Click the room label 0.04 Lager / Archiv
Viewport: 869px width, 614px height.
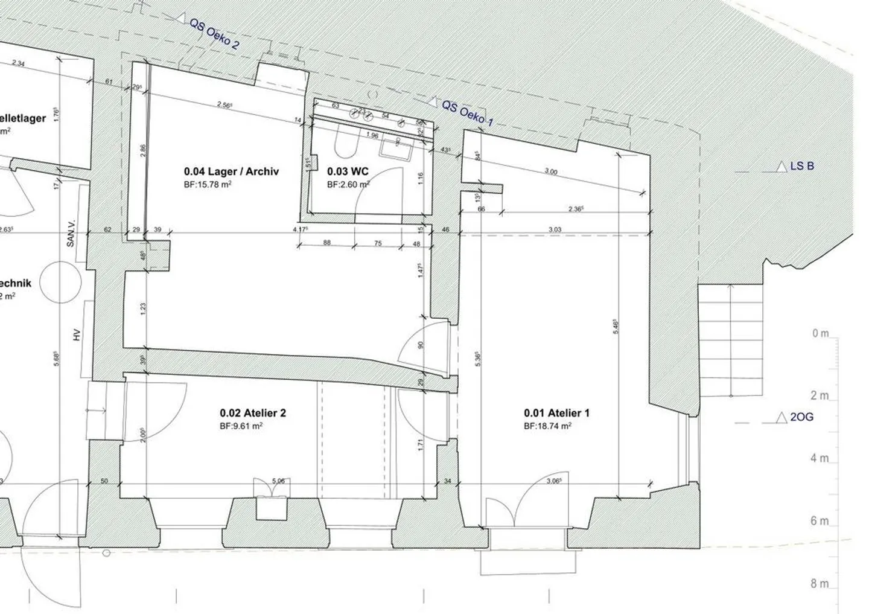[232, 171]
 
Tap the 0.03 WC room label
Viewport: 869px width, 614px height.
[348, 171]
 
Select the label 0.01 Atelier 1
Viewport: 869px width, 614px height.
[556, 413]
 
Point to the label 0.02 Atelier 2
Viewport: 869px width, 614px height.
[253, 413]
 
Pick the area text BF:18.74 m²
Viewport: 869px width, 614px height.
[547, 426]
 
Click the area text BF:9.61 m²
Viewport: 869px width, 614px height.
[241, 426]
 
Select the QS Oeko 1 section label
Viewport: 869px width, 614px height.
[468, 114]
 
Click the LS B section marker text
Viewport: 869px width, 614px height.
[802, 165]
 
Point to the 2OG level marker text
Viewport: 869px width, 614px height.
[801, 417]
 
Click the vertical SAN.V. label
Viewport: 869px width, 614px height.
[71, 232]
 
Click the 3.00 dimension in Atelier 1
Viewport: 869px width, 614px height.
[550, 171]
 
